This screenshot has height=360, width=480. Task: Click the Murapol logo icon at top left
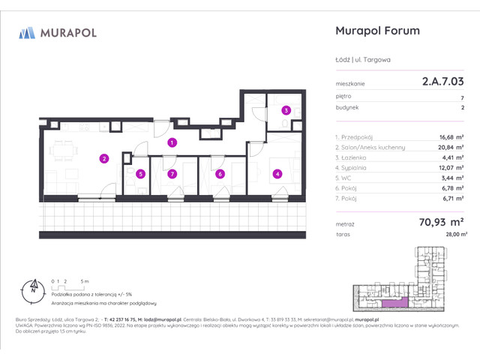click(x=28, y=32)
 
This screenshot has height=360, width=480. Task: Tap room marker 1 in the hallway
click(x=172, y=142)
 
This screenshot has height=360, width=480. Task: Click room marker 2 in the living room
click(x=104, y=158)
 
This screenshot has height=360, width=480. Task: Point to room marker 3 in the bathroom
click(x=286, y=110)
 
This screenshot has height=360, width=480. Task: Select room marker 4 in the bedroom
click(x=277, y=174)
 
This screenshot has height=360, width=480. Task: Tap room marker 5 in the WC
click(x=140, y=174)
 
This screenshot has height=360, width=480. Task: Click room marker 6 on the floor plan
click(x=220, y=174)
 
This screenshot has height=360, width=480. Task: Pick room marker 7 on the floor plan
click(x=172, y=174)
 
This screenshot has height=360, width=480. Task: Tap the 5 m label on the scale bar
click(x=86, y=280)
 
